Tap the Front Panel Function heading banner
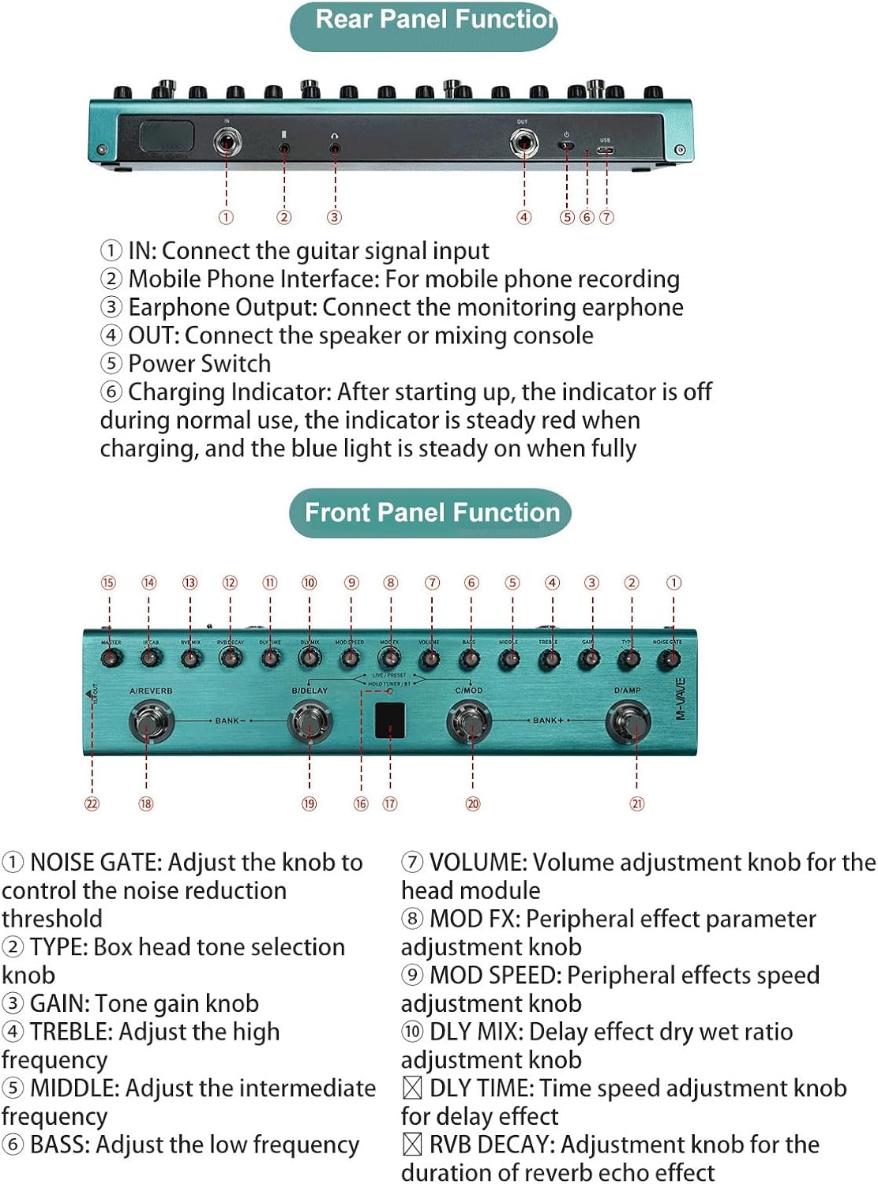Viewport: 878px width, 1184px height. (430, 512)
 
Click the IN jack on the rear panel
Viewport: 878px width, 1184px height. (227, 143)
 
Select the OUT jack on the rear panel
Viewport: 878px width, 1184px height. (523, 143)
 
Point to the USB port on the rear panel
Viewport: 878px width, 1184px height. (606, 148)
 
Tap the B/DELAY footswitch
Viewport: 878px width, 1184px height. (310, 721)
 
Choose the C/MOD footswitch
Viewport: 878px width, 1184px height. (471, 721)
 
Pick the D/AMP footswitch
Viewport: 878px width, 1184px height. (629, 721)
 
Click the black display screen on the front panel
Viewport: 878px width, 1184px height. (390, 719)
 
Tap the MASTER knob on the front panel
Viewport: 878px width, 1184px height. (111, 658)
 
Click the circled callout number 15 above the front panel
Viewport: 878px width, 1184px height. (108, 583)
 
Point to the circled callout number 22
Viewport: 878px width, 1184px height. (92, 804)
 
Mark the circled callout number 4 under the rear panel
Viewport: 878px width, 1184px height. (524, 217)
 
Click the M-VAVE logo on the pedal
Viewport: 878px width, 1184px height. (681, 698)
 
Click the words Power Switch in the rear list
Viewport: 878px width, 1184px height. (199, 364)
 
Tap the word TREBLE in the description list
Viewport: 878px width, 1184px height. (70, 1032)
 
